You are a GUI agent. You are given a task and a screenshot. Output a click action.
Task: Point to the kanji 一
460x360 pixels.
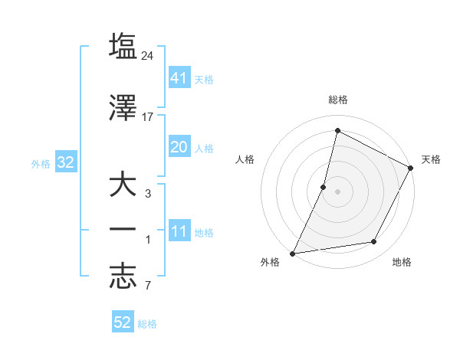[x=123, y=231]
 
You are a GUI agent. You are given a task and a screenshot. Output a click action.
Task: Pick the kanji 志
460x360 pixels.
[x=123, y=277]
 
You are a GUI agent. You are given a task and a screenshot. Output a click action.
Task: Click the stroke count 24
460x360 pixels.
[x=149, y=56]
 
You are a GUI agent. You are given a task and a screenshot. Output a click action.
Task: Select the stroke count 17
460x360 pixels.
[x=149, y=117]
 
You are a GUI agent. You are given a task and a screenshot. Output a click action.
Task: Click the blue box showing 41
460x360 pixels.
[x=179, y=77]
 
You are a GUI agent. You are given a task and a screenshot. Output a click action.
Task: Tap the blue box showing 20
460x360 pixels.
[x=179, y=147]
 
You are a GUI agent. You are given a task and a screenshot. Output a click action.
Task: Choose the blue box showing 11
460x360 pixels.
[x=179, y=231]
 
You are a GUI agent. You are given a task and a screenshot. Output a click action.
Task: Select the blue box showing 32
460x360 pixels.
[x=65, y=162]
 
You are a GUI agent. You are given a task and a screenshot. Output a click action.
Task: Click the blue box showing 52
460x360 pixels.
[x=123, y=322]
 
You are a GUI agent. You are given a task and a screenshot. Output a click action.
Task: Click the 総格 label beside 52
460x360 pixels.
[x=148, y=324]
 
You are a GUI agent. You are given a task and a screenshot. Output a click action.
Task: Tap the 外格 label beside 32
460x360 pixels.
[x=41, y=163]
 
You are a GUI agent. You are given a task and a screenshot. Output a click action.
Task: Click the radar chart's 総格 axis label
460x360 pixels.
[x=338, y=100]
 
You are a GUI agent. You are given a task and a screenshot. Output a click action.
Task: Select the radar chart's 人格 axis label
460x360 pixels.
[x=245, y=159]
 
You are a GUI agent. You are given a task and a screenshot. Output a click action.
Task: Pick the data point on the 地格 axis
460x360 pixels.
[x=374, y=242]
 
